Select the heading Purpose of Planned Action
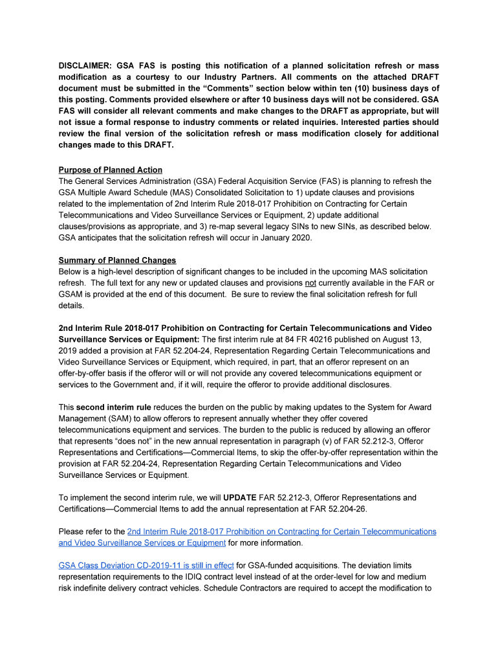pyautogui.click(x=110, y=170)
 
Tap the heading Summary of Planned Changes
pyautogui.click(x=117, y=260)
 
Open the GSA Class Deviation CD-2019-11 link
pyautogui.click(x=146, y=565)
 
